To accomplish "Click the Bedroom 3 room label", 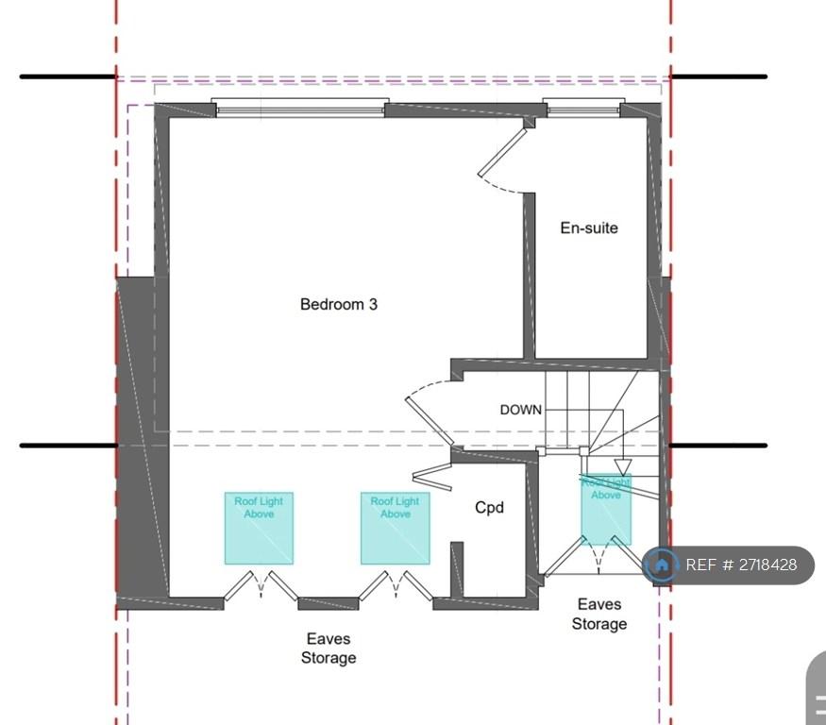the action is tap(339, 305).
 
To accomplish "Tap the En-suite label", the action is tap(589, 228).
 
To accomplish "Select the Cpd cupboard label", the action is tap(489, 508).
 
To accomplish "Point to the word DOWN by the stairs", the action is tap(520, 410).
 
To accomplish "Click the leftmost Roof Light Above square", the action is tap(260, 529).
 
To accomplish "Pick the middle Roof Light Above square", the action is tap(396, 529).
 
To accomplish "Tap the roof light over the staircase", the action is tap(606, 510).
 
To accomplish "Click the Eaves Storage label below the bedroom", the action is tap(329, 649).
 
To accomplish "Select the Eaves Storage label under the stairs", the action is tap(599, 614).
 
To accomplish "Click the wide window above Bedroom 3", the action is tap(300, 107).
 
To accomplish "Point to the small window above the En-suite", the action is tap(583, 107).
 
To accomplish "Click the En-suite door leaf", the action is tap(502, 152).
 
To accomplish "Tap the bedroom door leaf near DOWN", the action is tap(429, 421).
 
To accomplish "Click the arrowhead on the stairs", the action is tap(623, 467).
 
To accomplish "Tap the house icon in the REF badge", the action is tap(662, 565).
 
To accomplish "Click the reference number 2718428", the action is tap(767, 565).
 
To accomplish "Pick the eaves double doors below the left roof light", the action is tap(261, 585).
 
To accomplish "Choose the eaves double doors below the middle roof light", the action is tap(396, 585).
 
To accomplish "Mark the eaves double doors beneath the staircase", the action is tap(598, 556).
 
